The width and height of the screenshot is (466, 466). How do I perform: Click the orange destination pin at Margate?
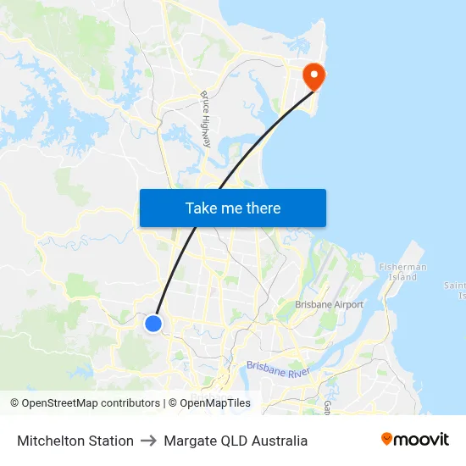(x=314, y=76)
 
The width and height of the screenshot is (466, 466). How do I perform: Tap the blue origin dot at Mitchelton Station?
(x=153, y=324)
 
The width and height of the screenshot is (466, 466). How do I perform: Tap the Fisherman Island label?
(x=402, y=272)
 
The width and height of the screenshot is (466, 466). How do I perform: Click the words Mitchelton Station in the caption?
(x=75, y=441)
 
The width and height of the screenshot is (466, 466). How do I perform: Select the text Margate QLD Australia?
(x=236, y=441)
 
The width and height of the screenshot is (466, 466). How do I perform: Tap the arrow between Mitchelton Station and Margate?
(x=148, y=441)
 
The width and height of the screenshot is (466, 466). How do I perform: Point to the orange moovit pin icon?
(x=387, y=439)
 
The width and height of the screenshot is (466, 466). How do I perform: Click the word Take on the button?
(x=202, y=208)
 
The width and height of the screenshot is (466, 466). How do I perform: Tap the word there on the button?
(x=263, y=208)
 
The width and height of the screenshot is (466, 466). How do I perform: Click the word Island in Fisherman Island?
(x=402, y=277)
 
